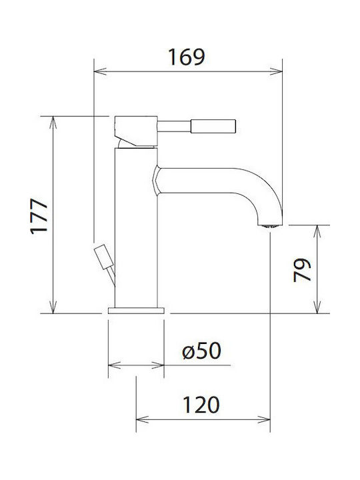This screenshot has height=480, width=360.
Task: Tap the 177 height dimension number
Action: (40, 215)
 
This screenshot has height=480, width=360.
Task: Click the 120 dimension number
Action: (201, 404)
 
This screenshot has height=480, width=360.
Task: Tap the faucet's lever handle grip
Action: (213, 125)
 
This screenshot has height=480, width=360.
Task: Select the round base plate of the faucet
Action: (136, 310)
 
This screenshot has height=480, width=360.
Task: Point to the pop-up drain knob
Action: (103, 255)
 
